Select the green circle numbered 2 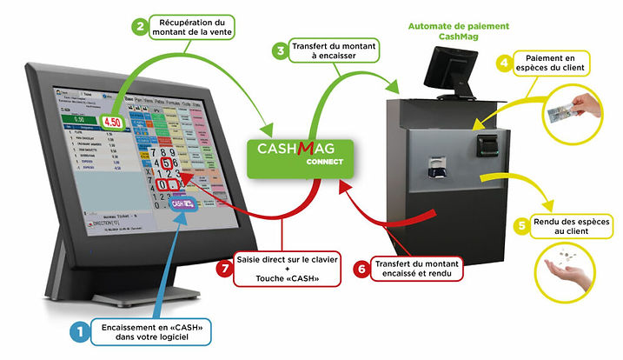pyautogui.click(x=139, y=27)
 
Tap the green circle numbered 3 pyautogui.click(x=281, y=51)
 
